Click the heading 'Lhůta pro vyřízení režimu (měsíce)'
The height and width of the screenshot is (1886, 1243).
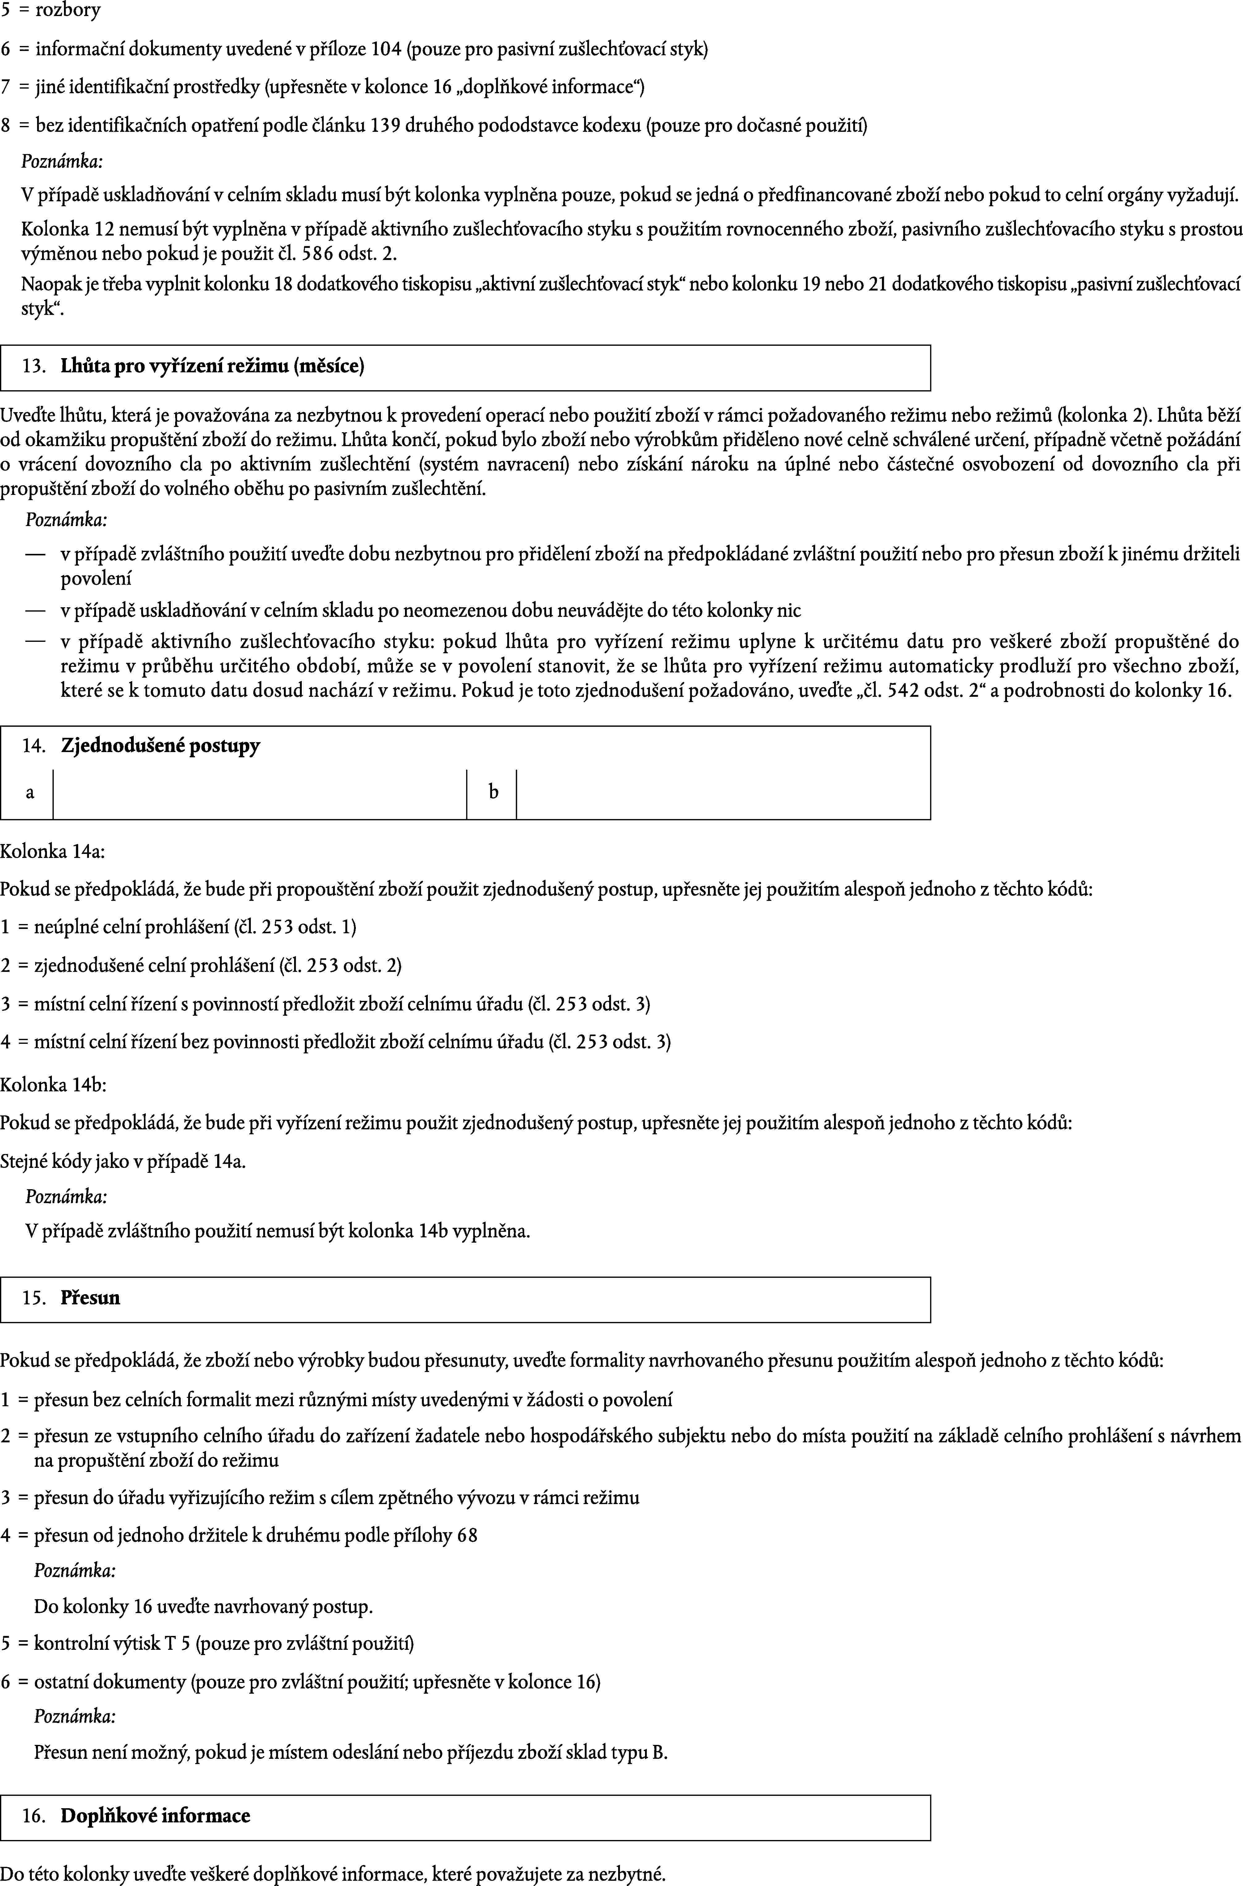coord(213,367)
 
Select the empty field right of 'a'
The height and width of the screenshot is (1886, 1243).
coord(260,794)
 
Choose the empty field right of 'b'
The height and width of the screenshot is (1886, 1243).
coord(723,794)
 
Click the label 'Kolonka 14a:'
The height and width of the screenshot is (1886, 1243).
coord(52,853)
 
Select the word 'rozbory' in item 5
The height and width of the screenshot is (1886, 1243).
coord(68,11)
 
